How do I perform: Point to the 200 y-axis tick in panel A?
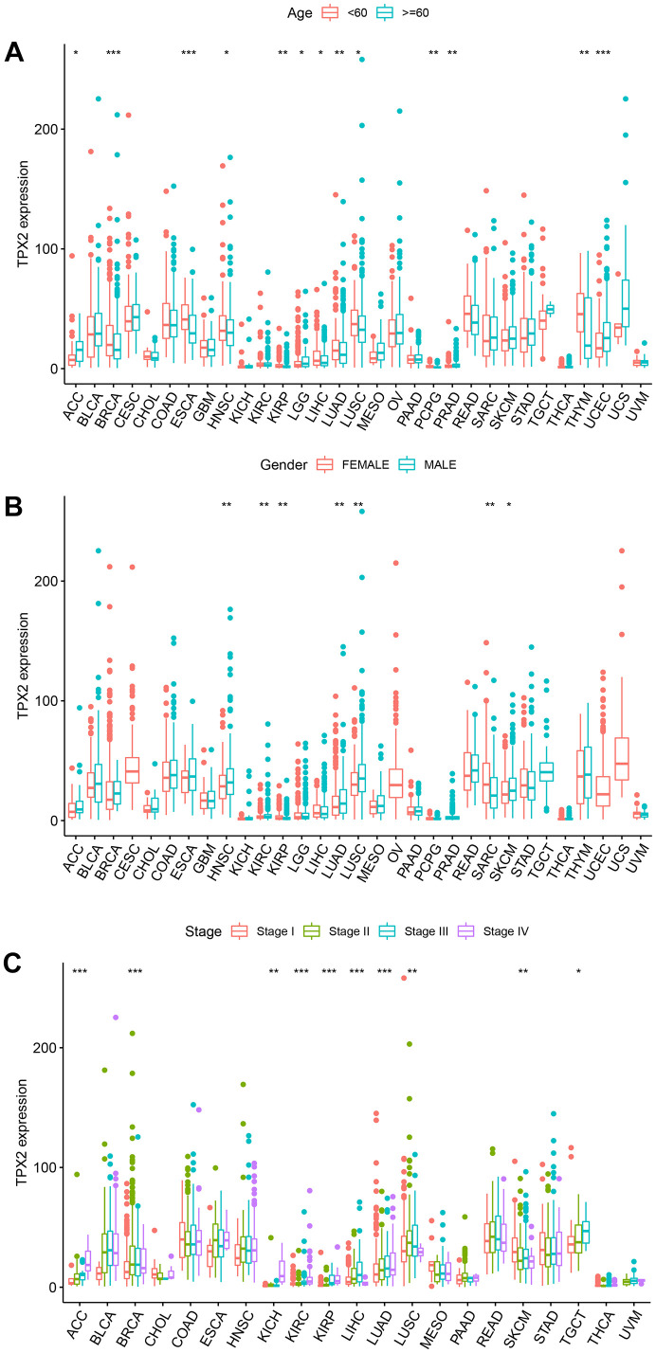point(51,129)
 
